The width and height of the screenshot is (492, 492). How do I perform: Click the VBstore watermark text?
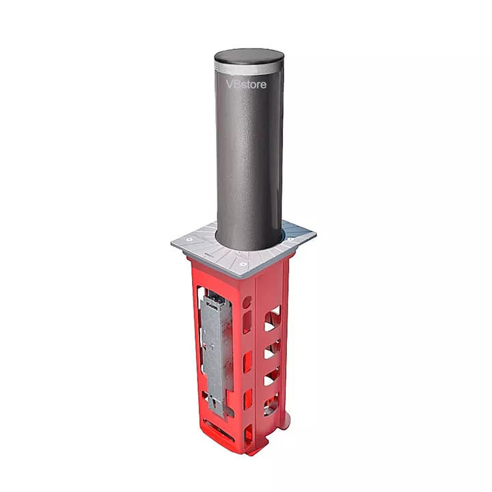(246, 84)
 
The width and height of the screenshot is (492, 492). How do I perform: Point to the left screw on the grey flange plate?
(189, 240)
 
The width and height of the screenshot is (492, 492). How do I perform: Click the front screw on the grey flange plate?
(242, 264)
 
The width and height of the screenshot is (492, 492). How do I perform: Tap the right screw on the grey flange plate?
(291, 239)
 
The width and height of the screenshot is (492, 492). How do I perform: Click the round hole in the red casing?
(247, 302)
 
